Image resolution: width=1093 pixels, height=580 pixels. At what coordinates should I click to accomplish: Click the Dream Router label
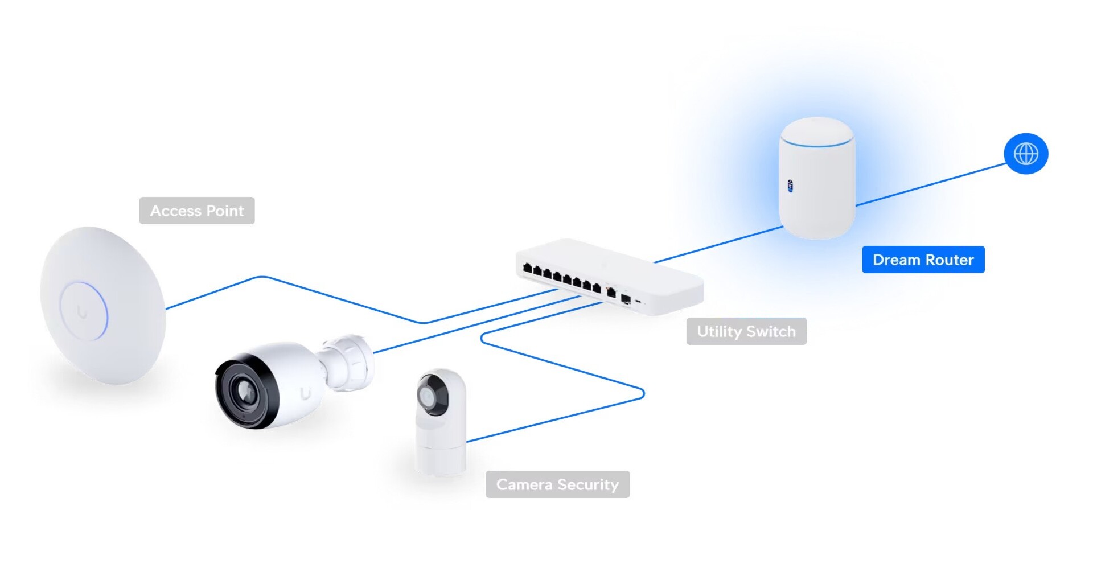tap(923, 260)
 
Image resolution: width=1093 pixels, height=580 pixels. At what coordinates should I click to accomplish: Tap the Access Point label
tap(197, 211)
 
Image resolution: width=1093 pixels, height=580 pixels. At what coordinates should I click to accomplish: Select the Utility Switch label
tap(746, 331)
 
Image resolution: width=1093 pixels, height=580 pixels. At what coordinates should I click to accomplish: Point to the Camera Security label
tap(557, 484)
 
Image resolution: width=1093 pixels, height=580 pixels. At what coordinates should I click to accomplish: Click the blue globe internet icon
tap(1026, 154)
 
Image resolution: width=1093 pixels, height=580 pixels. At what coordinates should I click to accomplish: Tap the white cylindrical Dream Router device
tap(817, 188)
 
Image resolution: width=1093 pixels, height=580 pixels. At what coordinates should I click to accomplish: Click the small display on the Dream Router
tap(790, 186)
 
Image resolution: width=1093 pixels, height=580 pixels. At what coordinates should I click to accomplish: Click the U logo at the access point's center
tap(83, 312)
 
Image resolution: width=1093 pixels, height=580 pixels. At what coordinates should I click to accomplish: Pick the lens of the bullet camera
tap(245, 392)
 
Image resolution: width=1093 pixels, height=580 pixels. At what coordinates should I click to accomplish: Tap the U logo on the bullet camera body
tap(306, 394)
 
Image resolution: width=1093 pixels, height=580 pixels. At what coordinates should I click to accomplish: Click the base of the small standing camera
tap(441, 458)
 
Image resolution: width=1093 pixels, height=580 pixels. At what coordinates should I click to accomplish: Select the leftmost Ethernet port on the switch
tap(527, 268)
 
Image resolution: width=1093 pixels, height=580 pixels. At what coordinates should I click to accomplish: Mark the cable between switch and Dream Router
tap(717, 245)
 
